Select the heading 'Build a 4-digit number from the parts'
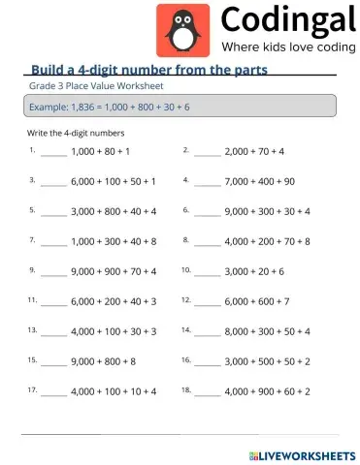click(x=149, y=70)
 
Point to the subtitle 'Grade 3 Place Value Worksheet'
click(x=84, y=86)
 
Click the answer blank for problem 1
click(x=54, y=153)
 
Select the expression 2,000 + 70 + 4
click(x=254, y=152)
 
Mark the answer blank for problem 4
click(x=207, y=182)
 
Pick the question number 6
click(x=184, y=208)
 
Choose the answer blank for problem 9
click(x=54, y=273)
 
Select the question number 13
click(x=32, y=329)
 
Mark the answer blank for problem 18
click(x=207, y=393)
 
